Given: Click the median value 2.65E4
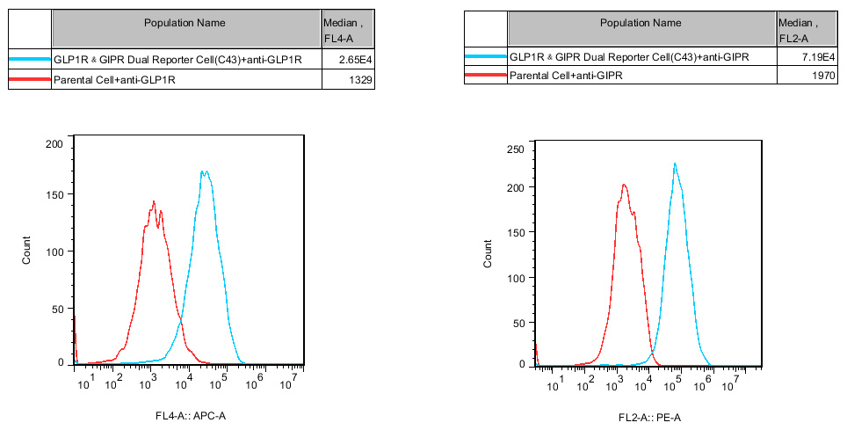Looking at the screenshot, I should [358, 60].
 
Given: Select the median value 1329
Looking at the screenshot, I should [361, 81].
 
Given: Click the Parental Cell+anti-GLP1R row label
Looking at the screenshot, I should [115, 81].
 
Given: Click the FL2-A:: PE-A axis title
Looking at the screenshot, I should [648, 415].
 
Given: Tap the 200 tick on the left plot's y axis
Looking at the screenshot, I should [54, 143].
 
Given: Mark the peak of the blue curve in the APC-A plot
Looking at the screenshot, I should [204, 171].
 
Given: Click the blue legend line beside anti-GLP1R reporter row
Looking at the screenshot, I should [30, 60].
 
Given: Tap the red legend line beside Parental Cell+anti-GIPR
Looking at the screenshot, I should [486, 77].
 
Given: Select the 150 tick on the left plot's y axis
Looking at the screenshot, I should [54, 194].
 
